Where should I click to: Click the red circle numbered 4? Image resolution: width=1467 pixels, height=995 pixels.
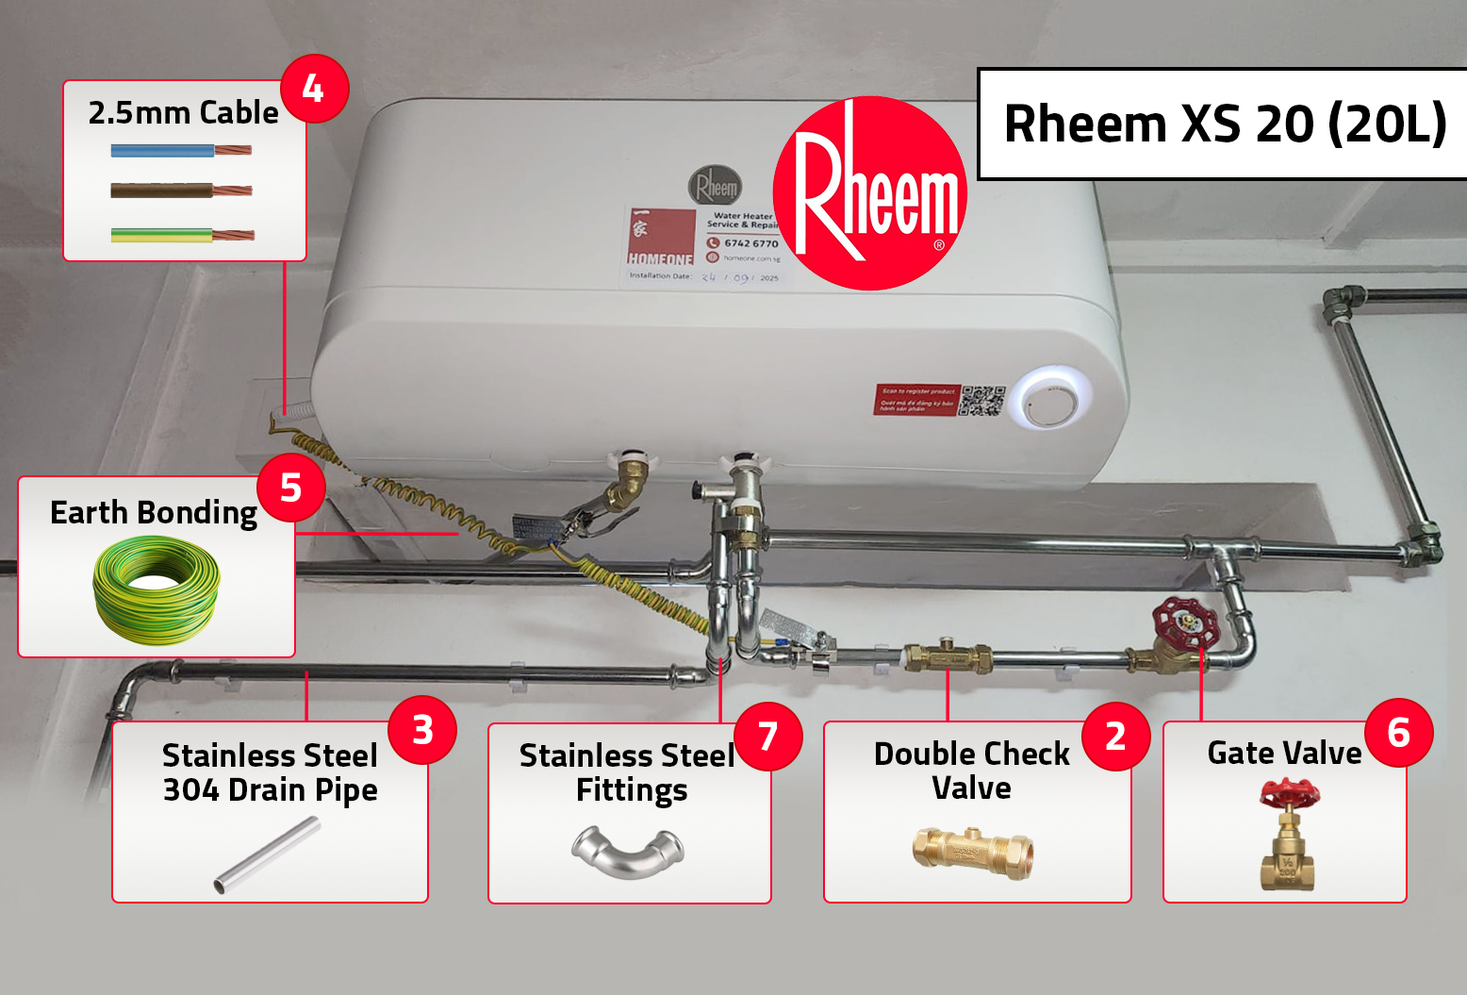[x=314, y=90]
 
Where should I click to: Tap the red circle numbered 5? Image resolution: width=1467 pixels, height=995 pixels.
[x=290, y=488]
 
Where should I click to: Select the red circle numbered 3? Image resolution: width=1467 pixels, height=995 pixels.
[x=422, y=729]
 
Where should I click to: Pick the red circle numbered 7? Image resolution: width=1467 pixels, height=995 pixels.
[x=767, y=737]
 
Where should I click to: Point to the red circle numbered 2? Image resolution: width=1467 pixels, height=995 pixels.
[x=1115, y=737]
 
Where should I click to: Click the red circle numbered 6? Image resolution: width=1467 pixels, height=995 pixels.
[x=1398, y=732]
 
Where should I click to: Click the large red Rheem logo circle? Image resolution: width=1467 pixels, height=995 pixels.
[x=870, y=193]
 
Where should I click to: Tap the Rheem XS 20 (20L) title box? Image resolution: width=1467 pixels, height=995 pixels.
[x=1224, y=124]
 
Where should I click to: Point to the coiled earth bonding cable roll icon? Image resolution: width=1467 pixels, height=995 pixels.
[x=157, y=589]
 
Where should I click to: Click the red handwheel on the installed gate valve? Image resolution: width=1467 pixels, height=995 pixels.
[x=1185, y=622]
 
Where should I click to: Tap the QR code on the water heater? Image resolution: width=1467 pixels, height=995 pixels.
[x=981, y=400]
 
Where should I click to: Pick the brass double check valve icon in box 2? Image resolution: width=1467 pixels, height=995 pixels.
[x=972, y=852]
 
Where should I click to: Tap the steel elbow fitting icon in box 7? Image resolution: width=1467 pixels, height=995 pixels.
[x=628, y=852]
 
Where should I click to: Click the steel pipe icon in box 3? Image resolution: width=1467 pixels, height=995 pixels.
[x=267, y=854]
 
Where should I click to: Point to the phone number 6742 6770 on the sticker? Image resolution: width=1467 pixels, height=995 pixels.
[x=750, y=243]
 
